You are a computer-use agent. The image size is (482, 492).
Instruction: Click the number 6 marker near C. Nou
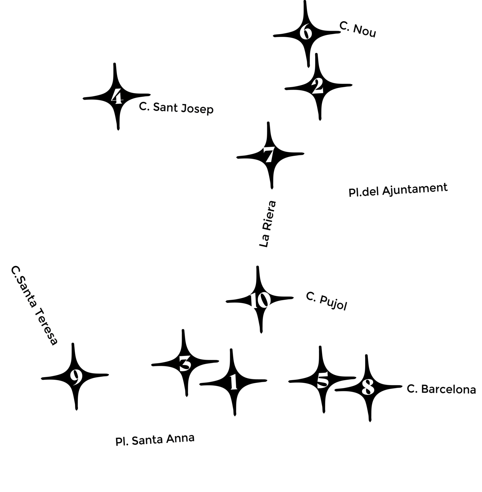click(x=306, y=32)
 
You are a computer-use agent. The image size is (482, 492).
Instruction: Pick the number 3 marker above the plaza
click(x=185, y=364)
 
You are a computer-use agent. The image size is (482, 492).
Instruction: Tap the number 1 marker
click(x=234, y=382)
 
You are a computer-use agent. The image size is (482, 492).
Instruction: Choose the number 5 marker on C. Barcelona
click(x=322, y=380)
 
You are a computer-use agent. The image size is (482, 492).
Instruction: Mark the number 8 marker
click(x=368, y=387)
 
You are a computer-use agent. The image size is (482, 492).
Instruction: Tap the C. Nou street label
click(x=358, y=30)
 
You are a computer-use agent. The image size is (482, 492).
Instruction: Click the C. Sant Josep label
click(x=176, y=108)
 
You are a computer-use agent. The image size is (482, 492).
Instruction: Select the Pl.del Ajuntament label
click(x=398, y=190)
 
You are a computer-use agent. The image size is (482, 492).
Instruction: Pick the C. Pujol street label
click(x=327, y=301)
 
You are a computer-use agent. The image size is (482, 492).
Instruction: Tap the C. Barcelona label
click(x=441, y=389)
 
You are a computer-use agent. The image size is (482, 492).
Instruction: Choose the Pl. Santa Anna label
click(x=155, y=440)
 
